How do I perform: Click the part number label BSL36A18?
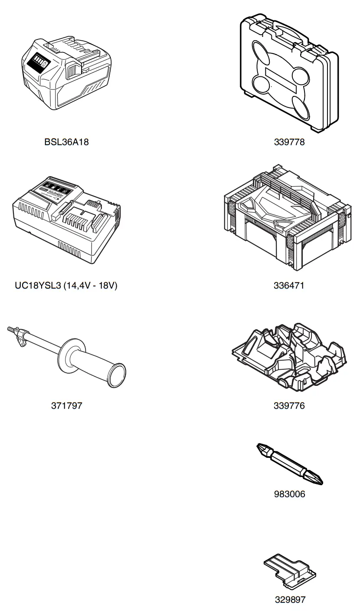coord(66,142)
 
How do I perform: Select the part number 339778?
coord(289,142)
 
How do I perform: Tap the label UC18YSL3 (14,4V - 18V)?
coord(66,286)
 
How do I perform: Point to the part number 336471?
coord(289,286)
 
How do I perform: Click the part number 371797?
coord(66,406)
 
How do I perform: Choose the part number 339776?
coord(289,406)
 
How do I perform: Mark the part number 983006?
coord(289,494)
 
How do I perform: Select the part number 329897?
coord(290,600)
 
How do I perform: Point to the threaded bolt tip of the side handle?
coord(11,330)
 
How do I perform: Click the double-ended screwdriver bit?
coord(289,463)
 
